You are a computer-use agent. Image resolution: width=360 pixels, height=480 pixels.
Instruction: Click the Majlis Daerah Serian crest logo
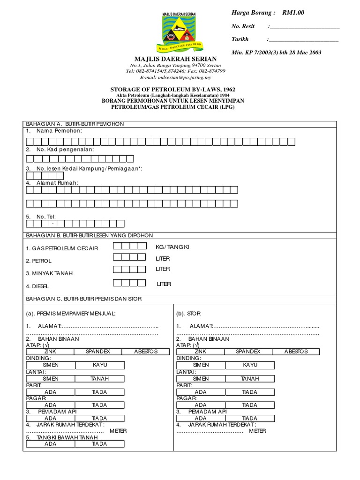(x=180, y=31)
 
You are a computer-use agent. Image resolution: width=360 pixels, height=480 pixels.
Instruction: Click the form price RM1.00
(x=293, y=13)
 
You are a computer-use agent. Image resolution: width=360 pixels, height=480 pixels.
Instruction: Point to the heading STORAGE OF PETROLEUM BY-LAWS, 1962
(x=172, y=89)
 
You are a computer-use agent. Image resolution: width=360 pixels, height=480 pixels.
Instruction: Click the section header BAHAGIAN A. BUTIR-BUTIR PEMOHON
(x=75, y=124)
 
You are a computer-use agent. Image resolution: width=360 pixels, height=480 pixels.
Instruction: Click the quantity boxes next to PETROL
(x=129, y=257)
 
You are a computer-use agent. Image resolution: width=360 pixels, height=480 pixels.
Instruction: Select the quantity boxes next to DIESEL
(x=129, y=283)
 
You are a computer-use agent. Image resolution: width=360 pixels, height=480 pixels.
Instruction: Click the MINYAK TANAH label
(x=49, y=273)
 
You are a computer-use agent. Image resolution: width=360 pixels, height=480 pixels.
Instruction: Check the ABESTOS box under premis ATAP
(x=145, y=352)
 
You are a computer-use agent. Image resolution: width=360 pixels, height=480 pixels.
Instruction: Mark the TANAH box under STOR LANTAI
(x=250, y=378)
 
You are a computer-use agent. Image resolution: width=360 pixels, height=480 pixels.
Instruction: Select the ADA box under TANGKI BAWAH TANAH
(x=50, y=444)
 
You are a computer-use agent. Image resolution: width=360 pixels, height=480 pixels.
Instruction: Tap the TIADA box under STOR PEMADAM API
(x=250, y=418)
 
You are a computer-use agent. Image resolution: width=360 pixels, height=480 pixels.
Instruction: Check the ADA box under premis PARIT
(x=50, y=392)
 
